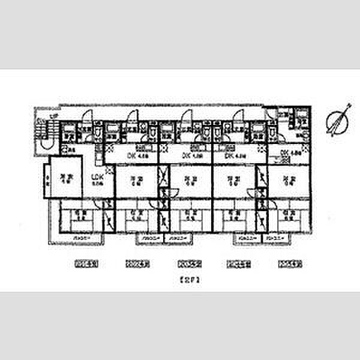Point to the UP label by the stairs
[53, 116]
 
